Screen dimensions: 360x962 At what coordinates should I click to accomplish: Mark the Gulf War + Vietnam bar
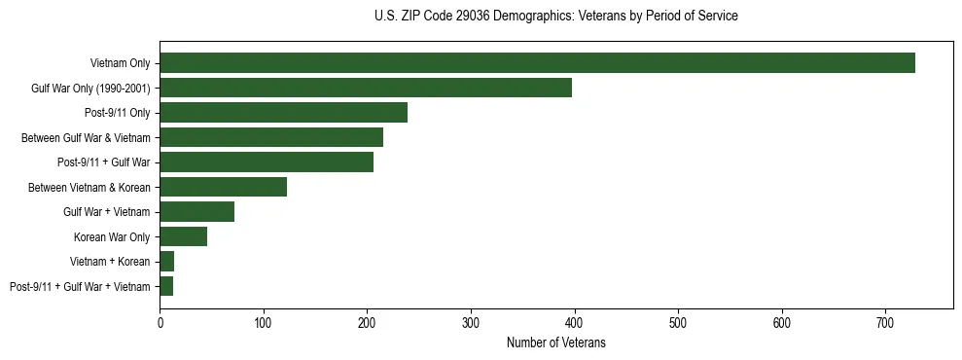coord(196,211)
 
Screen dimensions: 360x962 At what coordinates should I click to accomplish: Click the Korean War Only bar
coord(183,236)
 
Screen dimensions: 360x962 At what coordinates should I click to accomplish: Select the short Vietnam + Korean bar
coord(167,261)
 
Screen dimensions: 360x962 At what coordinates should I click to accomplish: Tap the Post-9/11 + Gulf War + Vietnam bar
coord(166,286)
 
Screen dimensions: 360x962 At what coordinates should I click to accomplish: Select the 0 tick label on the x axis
coord(160,321)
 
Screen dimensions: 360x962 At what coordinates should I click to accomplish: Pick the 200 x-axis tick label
coord(367,321)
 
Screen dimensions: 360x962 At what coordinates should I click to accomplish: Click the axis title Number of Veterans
coord(555,342)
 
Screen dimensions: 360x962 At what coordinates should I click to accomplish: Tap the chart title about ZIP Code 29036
coord(555,17)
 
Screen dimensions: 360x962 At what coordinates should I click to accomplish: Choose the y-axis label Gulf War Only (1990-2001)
coord(90,89)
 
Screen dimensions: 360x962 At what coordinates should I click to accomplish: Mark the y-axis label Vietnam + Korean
coord(110,262)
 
